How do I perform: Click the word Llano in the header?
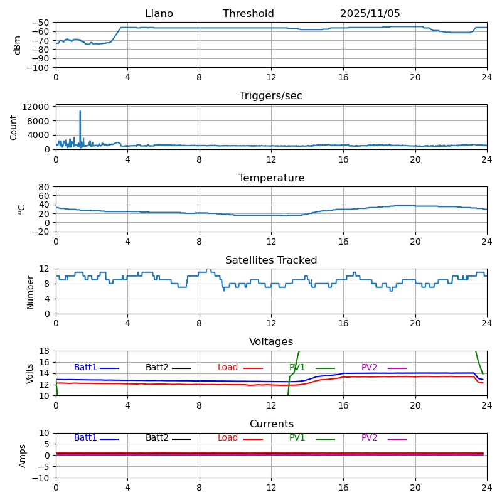click(x=159, y=14)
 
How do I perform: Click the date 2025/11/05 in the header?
click(x=370, y=14)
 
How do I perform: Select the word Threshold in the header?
click(x=248, y=14)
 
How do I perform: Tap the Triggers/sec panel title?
click(x=271, y=96)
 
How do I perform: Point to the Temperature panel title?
click(x=271, y=178)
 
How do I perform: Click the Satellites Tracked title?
click(x=271, y=260)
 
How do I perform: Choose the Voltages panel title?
click(x=271, y=342)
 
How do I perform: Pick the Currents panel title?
click(x=271, y=424)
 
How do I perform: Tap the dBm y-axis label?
click(x=18, y=45)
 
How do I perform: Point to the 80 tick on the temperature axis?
click(x=44, y=187)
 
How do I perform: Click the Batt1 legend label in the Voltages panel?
click(x=85, y=368)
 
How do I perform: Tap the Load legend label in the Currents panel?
click(x=228, y=438)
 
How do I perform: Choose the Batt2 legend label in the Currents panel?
click(x=157, y=438)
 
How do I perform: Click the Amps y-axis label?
click(x=23, y=456)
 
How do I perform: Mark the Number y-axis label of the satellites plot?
click(x=30, y=292)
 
